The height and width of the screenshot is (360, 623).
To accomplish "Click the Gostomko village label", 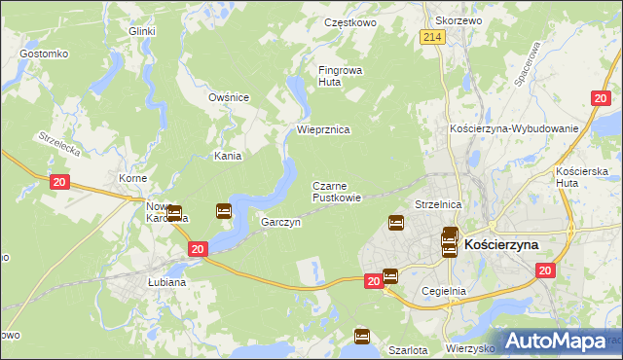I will (x=42, y=54).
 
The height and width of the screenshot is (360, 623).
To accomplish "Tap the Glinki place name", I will (x=142, y=31).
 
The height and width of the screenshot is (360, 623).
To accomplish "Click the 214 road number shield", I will (x=433, y=36).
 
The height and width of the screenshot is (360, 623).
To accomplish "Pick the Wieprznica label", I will (x=322, y=129).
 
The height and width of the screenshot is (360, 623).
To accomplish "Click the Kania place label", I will (x=228, y=156).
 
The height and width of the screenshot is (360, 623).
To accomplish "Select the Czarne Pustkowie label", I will (x=337, y=191).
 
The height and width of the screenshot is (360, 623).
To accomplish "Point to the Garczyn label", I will (x=280, y=222).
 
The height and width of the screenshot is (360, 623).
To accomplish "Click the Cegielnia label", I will (x=444, y=290).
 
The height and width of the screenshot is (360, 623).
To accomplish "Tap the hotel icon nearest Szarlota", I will (x=362, y=337).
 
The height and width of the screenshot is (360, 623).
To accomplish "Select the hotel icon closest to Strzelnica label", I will (x=396, y=223).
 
